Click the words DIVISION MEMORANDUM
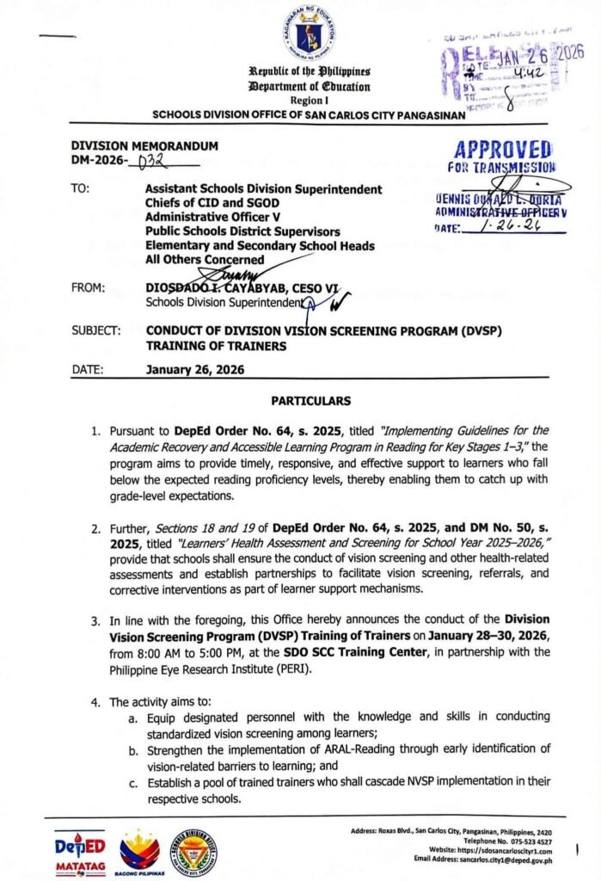tap(144, 146)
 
